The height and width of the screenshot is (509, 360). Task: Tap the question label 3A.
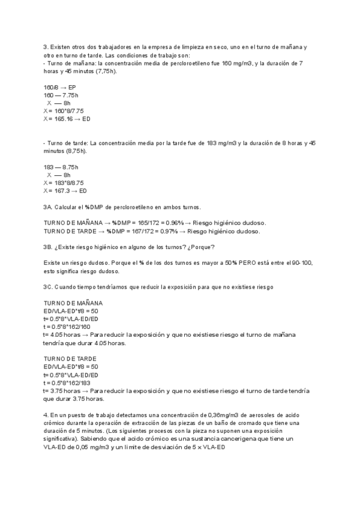tap(49, 206)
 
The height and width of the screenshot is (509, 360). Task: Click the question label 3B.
tap(49, 247)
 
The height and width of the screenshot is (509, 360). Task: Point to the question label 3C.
tap(49, 287)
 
